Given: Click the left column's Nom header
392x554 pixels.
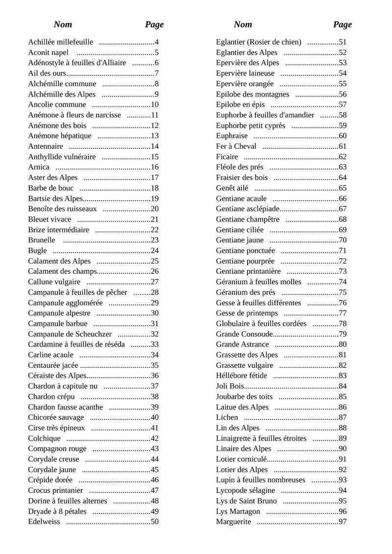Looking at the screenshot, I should [x=63, y=24].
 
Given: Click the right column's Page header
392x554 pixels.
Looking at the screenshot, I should [x=343, y=24].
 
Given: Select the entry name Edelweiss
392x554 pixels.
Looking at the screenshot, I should [x=44, y=522].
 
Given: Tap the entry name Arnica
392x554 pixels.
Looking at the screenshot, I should [x=39, y=167].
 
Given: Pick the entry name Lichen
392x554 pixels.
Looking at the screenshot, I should [x=227, y=417].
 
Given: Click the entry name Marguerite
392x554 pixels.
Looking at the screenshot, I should [x=233, y=522].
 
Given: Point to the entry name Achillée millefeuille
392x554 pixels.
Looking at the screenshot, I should [x=60, y=42].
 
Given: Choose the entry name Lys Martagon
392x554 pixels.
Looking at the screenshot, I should [x=238, y=511].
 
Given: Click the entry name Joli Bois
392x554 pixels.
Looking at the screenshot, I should [x=230, y=386].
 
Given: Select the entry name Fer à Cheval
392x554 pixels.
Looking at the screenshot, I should [x=236, y=146].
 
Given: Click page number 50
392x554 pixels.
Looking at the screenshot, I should [x=155, y=522].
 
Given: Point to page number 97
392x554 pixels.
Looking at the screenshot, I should [x=343, y=522].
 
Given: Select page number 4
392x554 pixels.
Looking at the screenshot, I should [x=157, y=42].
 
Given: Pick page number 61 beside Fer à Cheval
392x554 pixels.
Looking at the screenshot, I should [x=343, y=146].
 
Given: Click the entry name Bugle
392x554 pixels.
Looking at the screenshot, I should [x=38, y=251].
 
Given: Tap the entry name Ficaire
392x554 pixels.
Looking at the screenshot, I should [x=227, y=157].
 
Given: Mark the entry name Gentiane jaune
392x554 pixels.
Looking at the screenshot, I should [x=240, y=240].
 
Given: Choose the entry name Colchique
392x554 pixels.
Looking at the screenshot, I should [x=44, y=438].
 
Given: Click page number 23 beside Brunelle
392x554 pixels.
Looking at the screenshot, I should [x=155, y=240].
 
